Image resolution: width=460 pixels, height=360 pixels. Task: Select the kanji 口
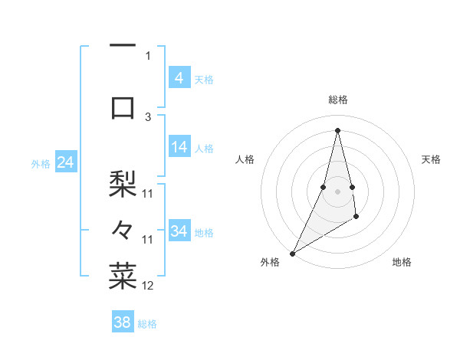[x=123, y=107]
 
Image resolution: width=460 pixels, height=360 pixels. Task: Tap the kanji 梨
[x=123, y=184]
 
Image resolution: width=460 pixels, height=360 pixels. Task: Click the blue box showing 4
[x=179, y=78]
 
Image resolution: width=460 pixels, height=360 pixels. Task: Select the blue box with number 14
[x=179, y=148]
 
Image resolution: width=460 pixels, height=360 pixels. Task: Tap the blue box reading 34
[x=179, y=231]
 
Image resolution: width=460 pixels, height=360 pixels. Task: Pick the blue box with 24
[x=65, y=162]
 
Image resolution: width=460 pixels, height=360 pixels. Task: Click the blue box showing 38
[x=122, y=322]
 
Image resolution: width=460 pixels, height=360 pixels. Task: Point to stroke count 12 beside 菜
[x=148, y=286]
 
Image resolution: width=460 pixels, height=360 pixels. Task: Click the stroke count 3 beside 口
[x=148, y=116]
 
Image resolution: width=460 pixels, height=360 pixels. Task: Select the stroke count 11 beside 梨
[x=148, y=193]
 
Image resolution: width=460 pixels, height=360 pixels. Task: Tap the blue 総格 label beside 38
[x=147, y=324]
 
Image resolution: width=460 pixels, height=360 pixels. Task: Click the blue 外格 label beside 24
[x=41, y=164]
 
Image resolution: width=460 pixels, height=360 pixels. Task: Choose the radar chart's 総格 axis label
[x=337, y=100]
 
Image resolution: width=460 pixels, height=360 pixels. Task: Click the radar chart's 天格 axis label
[x=431, y=159]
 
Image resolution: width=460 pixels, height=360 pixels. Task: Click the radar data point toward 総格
[x=337, y=130]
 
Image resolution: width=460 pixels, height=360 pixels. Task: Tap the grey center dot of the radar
[x=337, y=191]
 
